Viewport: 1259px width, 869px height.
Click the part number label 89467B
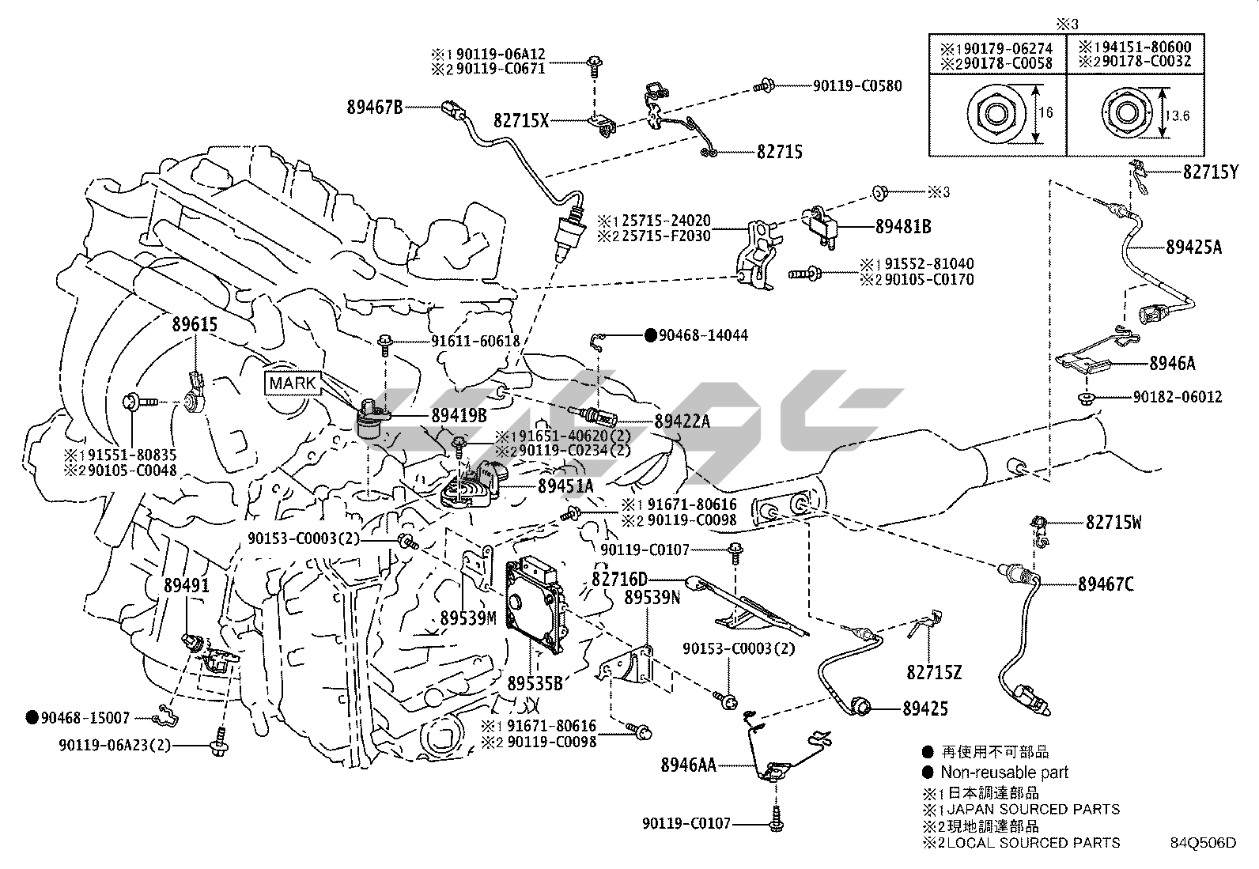374,106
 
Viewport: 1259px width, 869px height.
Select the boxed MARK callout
293,384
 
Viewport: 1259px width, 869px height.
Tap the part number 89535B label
535,682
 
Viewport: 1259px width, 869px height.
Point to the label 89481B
902,227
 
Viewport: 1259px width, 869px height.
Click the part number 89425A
1193,247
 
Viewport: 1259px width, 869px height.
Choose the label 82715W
1113,522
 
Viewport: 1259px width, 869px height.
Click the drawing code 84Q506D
1203,843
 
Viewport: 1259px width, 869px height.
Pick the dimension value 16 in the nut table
1045,113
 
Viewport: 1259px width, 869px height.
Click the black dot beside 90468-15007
32,718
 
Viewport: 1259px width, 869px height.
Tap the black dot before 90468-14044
650,335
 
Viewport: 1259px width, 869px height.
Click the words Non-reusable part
1004,773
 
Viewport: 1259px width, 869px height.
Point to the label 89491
187,585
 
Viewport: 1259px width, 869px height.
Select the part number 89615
195,323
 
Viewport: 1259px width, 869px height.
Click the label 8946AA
688,765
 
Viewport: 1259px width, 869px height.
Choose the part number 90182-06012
1176,396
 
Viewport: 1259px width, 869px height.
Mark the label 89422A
682,421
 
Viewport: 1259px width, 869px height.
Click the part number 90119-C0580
857,85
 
